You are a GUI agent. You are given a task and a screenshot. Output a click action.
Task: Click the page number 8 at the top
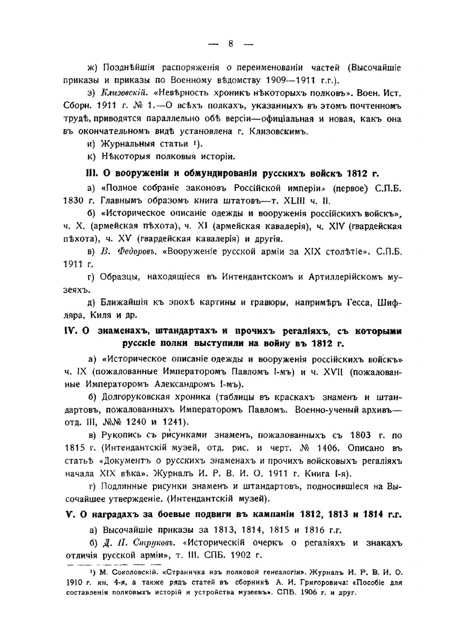click(x=230, y=44)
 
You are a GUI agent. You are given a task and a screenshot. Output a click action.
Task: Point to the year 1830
click(x=73, y=201)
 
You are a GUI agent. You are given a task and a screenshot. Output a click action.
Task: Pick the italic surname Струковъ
click(x=153, y=543)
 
